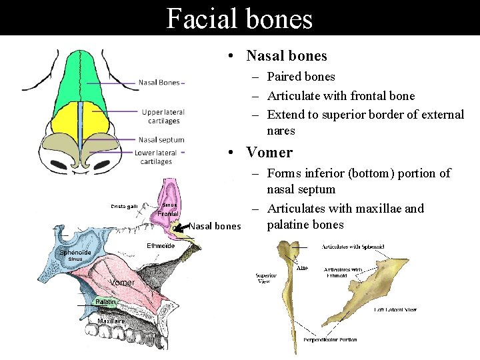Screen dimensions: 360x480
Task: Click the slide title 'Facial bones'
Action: pos(239,18)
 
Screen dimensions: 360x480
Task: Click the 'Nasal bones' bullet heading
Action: pos(287,56)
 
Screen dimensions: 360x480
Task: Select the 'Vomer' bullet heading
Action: pos(269,152)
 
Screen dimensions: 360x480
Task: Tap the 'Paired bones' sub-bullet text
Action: pos(301,77)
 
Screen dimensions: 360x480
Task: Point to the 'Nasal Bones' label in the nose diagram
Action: pos(159,83)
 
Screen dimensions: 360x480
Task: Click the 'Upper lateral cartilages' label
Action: pos(163,117)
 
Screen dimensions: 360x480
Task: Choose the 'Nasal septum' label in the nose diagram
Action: pos(161,140)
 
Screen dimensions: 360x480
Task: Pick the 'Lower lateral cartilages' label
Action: pos(156,157)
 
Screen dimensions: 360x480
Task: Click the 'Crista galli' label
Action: pos(124,206)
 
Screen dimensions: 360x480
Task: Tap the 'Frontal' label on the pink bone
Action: pos(167,213)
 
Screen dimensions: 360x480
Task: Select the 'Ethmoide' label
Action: pos(161,246)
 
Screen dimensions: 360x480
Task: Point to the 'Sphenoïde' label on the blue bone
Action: pos(75,253)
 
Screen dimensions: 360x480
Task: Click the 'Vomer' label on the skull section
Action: pos(123,283)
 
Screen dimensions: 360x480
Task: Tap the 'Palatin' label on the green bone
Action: pos(106,302)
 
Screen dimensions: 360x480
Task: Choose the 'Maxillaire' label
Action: pos(111,321)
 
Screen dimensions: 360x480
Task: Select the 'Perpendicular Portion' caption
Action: pos(329,339)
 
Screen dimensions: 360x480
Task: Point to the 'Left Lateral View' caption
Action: pos(396,309)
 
